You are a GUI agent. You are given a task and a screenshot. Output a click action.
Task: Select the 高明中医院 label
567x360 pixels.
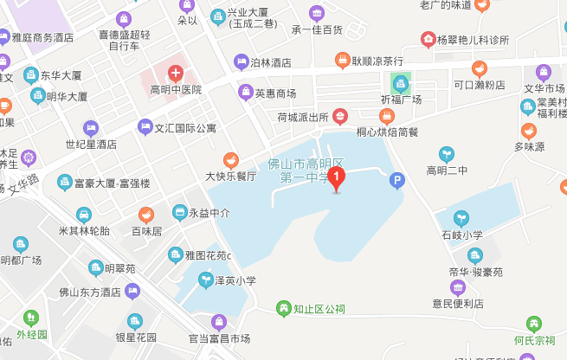[x=175, y=89]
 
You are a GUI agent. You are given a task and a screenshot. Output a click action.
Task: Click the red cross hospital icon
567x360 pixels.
[x=175, y=74]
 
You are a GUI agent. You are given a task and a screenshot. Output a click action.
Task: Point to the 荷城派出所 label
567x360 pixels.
[x=303, y=116]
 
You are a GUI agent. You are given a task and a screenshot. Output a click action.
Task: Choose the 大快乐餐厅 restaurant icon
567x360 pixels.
[x=230, y=159]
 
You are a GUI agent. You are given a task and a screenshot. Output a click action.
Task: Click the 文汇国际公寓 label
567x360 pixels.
[x=185, y=128]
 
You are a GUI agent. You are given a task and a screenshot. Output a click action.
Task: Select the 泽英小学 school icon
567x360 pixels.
[x=205, y=280]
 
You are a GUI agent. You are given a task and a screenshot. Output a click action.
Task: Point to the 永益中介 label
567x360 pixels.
[x=209, y=211]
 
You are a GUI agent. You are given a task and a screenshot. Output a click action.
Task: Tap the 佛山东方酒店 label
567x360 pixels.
[x=86, y=292]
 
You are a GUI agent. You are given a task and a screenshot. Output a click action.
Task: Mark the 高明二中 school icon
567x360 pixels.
[x=447, y=153]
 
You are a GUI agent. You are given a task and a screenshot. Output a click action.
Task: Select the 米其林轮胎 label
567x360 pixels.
[x=84, y=230]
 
